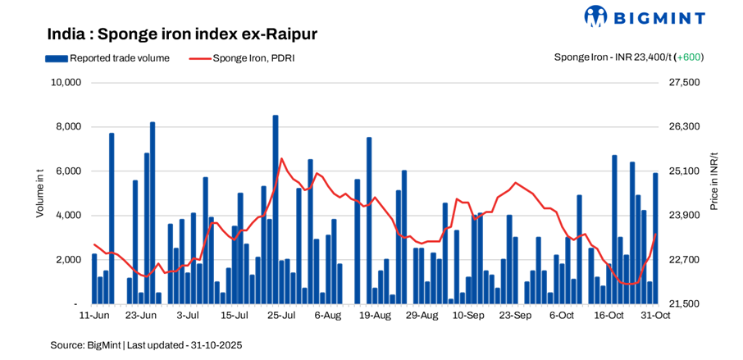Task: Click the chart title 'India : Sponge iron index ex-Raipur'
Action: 182,34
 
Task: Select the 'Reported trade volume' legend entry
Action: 107,58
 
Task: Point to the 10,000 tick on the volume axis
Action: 65,83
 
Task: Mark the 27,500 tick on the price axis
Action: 685,83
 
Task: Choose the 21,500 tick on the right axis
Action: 685,304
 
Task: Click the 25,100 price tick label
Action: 685,171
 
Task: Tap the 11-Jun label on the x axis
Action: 94,316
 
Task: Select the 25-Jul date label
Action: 280,316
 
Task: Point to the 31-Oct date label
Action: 655,316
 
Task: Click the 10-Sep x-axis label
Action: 468,316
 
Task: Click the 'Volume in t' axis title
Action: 40,193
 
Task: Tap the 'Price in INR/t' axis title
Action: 714,181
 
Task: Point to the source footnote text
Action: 146,345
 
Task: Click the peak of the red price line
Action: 281,158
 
